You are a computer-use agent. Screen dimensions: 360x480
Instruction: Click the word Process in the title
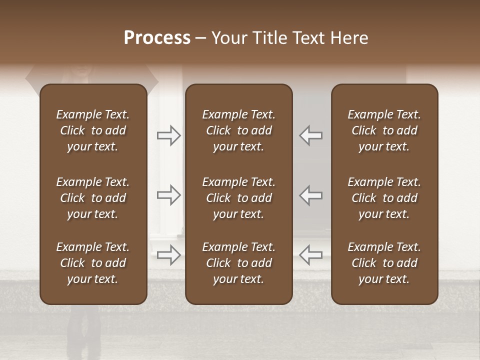pos(157,38)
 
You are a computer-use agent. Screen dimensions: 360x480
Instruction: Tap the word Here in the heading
pos(349,38)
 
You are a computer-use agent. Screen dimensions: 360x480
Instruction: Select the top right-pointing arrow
pos(169,135)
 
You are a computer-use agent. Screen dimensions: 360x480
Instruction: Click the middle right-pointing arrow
pos(169,195)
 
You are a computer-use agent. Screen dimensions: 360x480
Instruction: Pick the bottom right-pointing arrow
pos(169,254)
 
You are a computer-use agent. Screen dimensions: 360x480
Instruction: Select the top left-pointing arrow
pos(310,135)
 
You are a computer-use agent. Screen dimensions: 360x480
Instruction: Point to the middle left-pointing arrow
pos(310,195)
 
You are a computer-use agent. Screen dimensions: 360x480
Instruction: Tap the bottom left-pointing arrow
pos(310,254)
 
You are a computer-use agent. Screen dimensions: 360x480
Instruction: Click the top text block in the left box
pos(93,130)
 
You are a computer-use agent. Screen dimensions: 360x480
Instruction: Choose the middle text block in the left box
pos(93,198)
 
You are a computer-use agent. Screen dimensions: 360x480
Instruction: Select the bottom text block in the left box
pos(93,263)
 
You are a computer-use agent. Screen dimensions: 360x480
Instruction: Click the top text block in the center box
pos(238,130)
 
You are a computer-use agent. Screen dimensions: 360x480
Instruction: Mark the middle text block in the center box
pos(238,198)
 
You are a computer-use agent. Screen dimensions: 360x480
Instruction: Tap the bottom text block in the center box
pos(238,263)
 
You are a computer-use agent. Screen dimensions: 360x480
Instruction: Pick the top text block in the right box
pos(384,130)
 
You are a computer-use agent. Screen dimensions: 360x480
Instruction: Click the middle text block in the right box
pos(384,198)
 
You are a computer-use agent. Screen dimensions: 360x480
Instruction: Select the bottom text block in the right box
pos(384,263)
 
